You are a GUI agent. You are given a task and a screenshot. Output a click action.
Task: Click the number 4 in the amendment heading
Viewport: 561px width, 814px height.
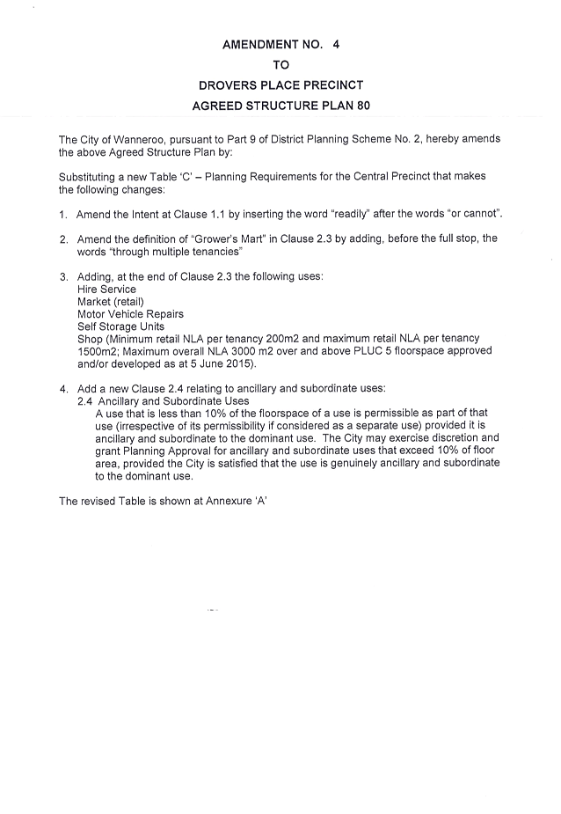point(336,45)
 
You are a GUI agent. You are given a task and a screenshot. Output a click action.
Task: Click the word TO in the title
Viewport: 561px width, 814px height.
point(280,65)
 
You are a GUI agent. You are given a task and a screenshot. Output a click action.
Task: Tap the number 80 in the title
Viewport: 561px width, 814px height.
point(363,106)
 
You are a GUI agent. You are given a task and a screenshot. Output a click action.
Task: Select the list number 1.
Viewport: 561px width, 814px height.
point(62,215)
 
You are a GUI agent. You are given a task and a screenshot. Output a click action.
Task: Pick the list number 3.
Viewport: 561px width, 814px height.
point(63,277)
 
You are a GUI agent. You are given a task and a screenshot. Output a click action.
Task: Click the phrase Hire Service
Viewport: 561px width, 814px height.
point(106,290)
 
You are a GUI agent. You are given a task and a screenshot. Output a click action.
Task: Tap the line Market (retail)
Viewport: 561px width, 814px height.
point(111,302)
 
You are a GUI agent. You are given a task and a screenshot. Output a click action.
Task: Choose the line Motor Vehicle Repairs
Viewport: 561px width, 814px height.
point(130,314)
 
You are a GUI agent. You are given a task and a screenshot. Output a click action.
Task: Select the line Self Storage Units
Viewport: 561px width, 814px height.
point(121,326)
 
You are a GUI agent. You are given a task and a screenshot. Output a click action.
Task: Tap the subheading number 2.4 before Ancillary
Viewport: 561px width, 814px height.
point(85,401)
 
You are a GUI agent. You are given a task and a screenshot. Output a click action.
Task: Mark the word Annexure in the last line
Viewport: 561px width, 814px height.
point(229,502)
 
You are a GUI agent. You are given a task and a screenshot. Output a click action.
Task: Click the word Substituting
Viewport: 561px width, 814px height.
point(87,177)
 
